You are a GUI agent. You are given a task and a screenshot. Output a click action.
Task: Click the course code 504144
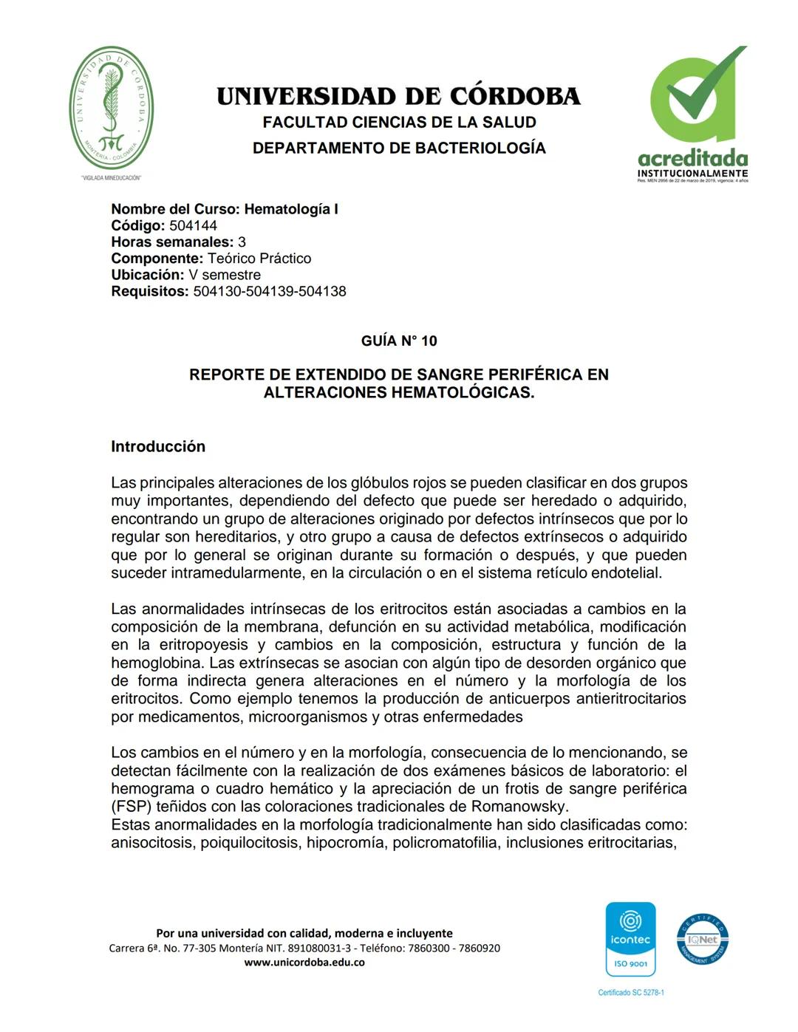(x=193, y=226)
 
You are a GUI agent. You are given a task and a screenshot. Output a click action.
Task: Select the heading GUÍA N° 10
(x=399, y=341)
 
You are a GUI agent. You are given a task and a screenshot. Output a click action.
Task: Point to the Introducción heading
(x=158, y=447)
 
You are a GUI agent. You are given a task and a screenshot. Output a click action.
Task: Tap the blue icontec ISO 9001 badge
(x=630, y=939)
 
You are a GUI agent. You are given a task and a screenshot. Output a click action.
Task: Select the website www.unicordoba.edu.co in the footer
(x=304, y=963)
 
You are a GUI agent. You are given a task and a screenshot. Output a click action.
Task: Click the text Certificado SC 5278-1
(x=631, y=993)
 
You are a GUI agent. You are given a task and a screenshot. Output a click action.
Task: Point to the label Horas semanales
(x=172, y=242)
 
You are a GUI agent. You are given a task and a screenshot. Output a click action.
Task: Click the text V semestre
(x=225, y=275)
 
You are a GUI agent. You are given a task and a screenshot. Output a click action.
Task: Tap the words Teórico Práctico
(x=259, y=259)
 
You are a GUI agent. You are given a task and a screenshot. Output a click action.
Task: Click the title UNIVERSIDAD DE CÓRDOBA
(x=399, y=97)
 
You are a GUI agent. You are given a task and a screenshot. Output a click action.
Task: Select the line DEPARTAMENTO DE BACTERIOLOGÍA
(x=399, y=148)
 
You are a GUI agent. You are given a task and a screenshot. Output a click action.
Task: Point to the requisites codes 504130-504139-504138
(x=270, y=292)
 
